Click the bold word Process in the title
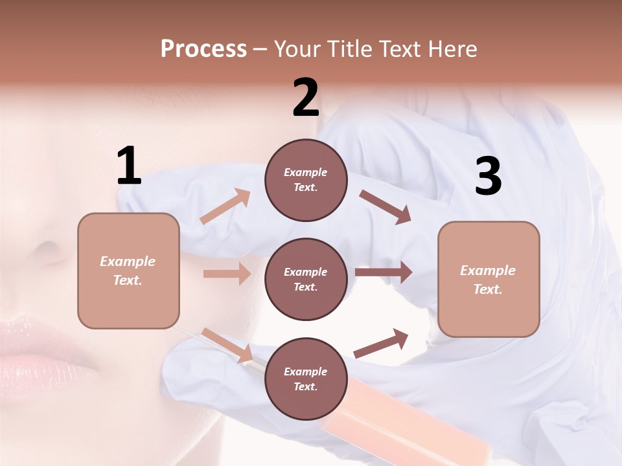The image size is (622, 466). pyautogui.click(x=203, y=49)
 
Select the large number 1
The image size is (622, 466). pyautogui.click(x=129, y=166)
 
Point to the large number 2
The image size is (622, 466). pyautogui.click(x=306, y=98)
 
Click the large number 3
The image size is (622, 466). pyautogui.click(x=488, y=177)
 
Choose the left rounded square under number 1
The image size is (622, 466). pyautogui.click(x=128, y=271)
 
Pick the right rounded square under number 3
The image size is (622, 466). pyautogui.click(x=489, y=279)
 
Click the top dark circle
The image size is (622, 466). pyautogui.click(x=306, y=180)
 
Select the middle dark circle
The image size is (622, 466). pyautogui.click(x=306, y=279)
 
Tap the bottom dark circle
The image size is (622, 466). pyautogui.click(x=306, y=379)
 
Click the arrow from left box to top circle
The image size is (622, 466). pyautogui.click(x=225, y=206)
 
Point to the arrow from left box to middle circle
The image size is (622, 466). pyautogui.click(x=227, y=274)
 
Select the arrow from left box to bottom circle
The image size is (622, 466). pyautogui.click(x=227, y=345)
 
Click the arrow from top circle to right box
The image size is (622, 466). pyautogui.click(x=385, y=207)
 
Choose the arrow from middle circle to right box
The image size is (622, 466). pyautogui.click(x=384, y=272)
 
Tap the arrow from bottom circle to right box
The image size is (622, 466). pyautogui.click(x=381, y=344)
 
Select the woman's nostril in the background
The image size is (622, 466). pyautogui.click(x=47, y=248)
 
